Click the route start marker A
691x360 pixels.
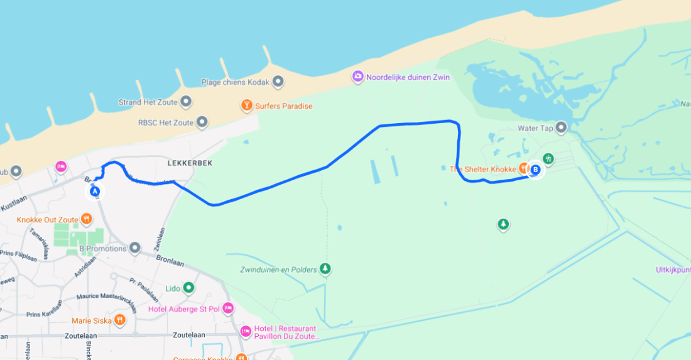tap(95, 190)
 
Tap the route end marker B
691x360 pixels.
tap(535, 170)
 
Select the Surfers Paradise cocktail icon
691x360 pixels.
tap(248, 106)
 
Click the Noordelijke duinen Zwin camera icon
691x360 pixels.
tap(357, 77)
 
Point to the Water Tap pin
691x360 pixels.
tap(562, 128)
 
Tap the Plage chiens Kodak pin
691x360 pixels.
tap(278, 82)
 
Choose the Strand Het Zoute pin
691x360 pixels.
tap(186, 102)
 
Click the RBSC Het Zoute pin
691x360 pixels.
tap(202, 123)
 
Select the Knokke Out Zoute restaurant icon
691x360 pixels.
tap(86, 219)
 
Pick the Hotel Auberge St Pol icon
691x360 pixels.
tap(227, 308)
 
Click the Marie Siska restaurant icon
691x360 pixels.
tap(120, 320)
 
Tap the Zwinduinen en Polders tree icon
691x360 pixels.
tap(325, 269)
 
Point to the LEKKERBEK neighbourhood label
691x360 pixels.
tap(190, 163)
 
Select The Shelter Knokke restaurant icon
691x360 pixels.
tap(522, 169)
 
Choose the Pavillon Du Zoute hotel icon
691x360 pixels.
tap(246, 330)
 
